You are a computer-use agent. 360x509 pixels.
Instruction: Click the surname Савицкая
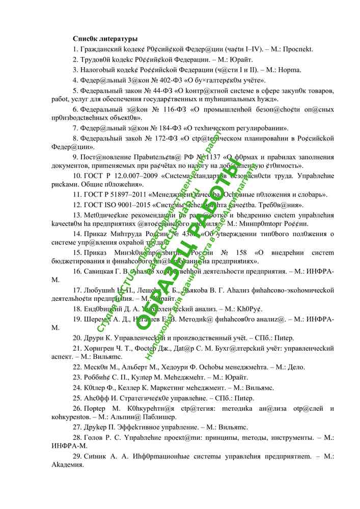(x=100, y=272)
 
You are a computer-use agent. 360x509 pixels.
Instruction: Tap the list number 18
(x=77, y=308)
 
